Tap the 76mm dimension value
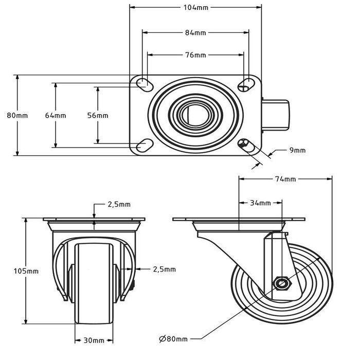195,55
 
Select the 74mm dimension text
285,179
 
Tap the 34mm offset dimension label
261,203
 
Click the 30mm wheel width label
95,340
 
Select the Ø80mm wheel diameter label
173,339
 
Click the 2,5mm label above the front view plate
119,204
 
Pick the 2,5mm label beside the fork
165,269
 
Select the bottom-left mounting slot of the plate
143,145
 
